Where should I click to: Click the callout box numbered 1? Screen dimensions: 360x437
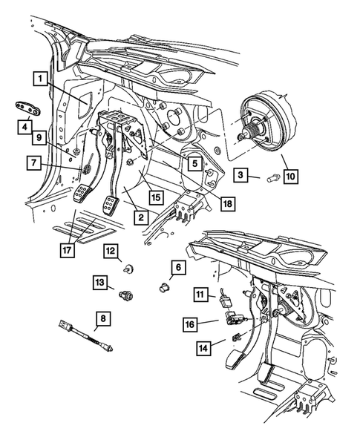[x=41, y=79]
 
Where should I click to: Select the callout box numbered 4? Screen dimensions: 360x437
[x=24, y=128]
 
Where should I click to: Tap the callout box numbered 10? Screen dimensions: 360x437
[x=291, y=177]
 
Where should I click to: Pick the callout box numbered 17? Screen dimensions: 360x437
[x=68, y=250]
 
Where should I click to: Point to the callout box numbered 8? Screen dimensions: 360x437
[x=103, y=318]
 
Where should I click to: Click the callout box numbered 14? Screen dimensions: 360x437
[x=203, y=348]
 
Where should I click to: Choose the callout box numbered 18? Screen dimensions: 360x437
[x=228, y=204]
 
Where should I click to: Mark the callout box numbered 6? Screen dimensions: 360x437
[x=178, y=268]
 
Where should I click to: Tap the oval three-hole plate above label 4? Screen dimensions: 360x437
[x=27, y=108]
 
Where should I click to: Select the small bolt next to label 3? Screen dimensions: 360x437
[x=272, y=177]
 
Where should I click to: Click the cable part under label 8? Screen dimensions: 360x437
[x=86, y=336]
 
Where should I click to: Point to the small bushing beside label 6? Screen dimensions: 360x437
[x=164, y=288]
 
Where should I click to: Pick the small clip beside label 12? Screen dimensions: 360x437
[x=128, y=269]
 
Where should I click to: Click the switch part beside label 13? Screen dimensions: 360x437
[x=126, y=295]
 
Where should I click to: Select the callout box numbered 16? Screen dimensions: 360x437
[x=190, y=324]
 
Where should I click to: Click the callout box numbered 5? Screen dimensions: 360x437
[x=194, y=163]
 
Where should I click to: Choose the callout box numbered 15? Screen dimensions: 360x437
[x=156, y=197]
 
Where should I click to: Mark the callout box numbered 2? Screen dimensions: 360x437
[x=141, y=217]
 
